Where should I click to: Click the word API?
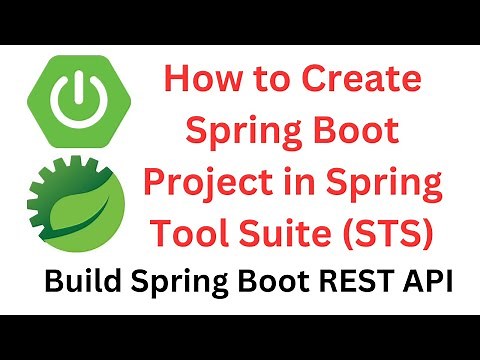click(424, 283)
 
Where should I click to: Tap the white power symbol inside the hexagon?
click(74, 98)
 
